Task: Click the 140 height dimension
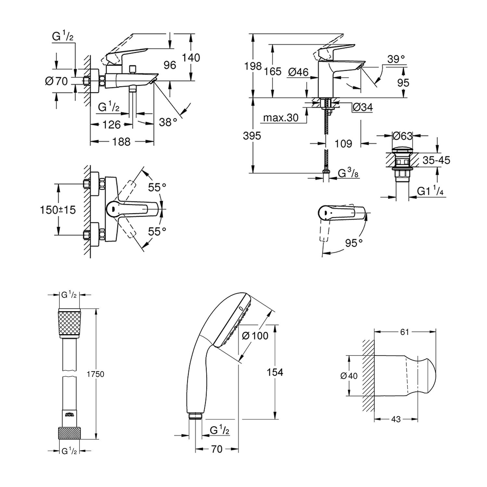click(x=191, y=58)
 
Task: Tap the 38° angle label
click(x=168, y=122)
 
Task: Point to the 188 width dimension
click(x=122, y=142)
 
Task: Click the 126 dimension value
click(x=111, y=125)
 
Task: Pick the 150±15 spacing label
click(x=58, y=210)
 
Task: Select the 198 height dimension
click(x=253, y=66)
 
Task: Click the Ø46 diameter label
click(x=298, y=72)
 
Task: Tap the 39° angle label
click(x=396, y=59)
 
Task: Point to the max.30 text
click(x=281, y=118)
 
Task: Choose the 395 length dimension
click(x=252, y=136)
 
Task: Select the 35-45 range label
click(x=436, y=160)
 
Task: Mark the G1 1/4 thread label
click(x=430, y=191)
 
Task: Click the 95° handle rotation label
click(x=354, y=243)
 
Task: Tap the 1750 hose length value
click(x=95, y=374)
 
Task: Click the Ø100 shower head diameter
click(x=255, y=335)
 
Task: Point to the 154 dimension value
click(x=275, y=372)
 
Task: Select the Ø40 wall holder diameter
click(x=349, y=376)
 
